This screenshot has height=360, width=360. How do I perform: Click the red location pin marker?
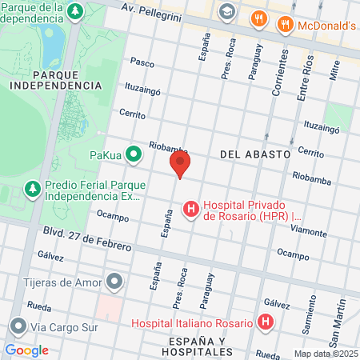point(181,166)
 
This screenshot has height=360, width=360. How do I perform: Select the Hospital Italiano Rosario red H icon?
point(266,323)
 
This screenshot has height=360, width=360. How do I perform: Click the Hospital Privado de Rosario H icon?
point(191,210)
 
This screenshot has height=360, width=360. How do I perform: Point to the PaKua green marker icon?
point(134,153)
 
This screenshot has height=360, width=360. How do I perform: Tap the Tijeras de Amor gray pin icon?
point(115,281)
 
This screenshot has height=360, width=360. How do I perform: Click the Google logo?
point(26,350)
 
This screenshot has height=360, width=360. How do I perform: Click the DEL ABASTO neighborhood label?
point(254,154)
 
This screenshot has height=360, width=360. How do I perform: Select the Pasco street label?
point(142,62)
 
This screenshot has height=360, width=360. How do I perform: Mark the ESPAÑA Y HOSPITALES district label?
point(190,346)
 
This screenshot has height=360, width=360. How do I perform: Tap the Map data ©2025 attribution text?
point(326,353)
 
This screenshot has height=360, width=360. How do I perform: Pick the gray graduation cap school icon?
point(227,11)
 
